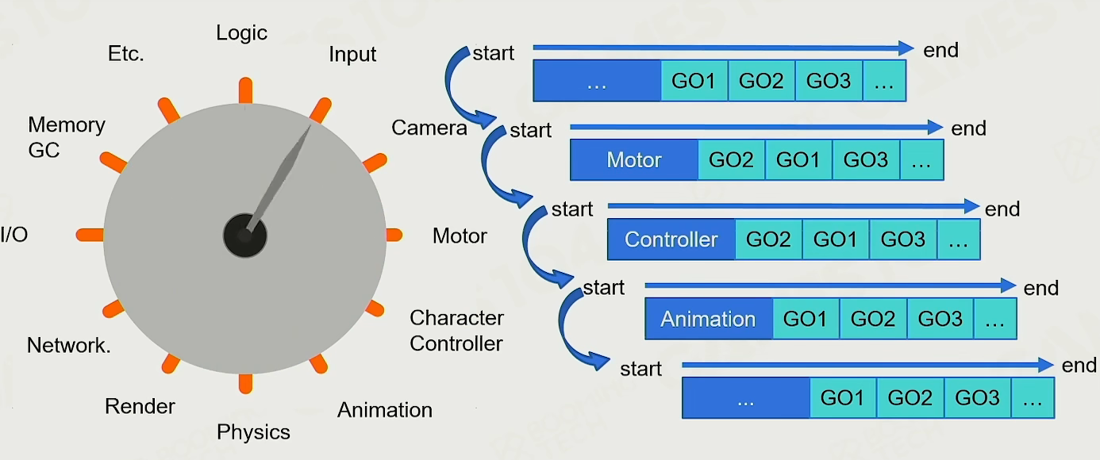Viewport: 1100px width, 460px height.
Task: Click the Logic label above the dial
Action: pos(241,33)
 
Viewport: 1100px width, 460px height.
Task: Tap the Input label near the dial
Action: pos(352,55)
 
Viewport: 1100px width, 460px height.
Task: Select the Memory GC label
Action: pos(66,136)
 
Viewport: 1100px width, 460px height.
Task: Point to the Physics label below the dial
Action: pos(253,432)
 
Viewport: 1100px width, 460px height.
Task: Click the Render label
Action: pos(140,407)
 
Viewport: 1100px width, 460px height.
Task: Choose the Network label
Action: pos(69,346)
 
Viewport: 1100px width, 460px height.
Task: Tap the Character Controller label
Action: pos(456,331)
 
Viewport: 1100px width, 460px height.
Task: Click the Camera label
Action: pos(429,128)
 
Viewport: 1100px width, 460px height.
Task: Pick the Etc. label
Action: pos(125,55)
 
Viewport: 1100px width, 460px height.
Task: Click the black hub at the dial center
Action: pos(244,236)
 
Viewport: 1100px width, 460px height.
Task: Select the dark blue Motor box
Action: pos(633,160)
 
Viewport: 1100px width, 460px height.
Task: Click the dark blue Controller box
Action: pos(671,240)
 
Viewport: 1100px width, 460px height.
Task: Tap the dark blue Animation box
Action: pos(708,320)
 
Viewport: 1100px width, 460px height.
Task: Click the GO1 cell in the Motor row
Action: pos(798,160)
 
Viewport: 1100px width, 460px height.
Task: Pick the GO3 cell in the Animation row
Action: pos(940,320)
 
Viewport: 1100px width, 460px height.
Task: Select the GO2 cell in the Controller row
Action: pos(767,240)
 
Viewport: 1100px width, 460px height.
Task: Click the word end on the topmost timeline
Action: pos(940,51)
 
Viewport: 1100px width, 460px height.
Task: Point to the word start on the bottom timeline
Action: pos(640,369)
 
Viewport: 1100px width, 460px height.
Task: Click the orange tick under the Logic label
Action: pos(245,90)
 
